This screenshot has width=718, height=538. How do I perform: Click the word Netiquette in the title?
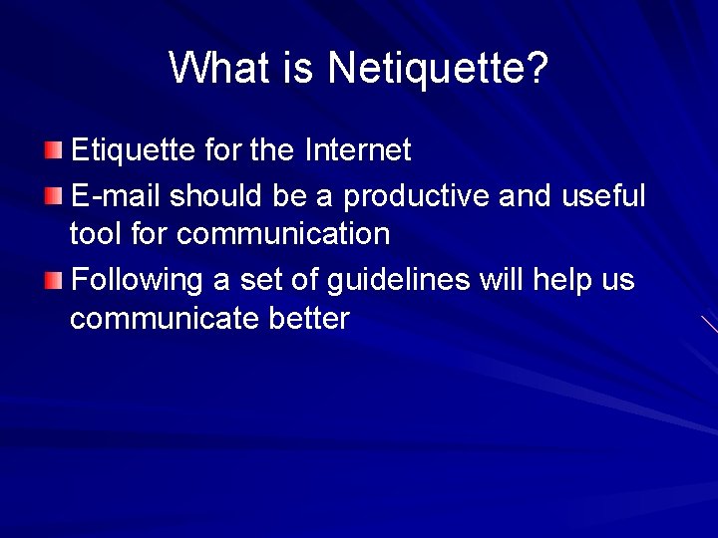437,68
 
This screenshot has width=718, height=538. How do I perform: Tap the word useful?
603,195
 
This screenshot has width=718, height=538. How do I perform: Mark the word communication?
283,234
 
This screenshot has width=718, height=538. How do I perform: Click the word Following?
138,280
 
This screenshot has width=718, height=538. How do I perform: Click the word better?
310,319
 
